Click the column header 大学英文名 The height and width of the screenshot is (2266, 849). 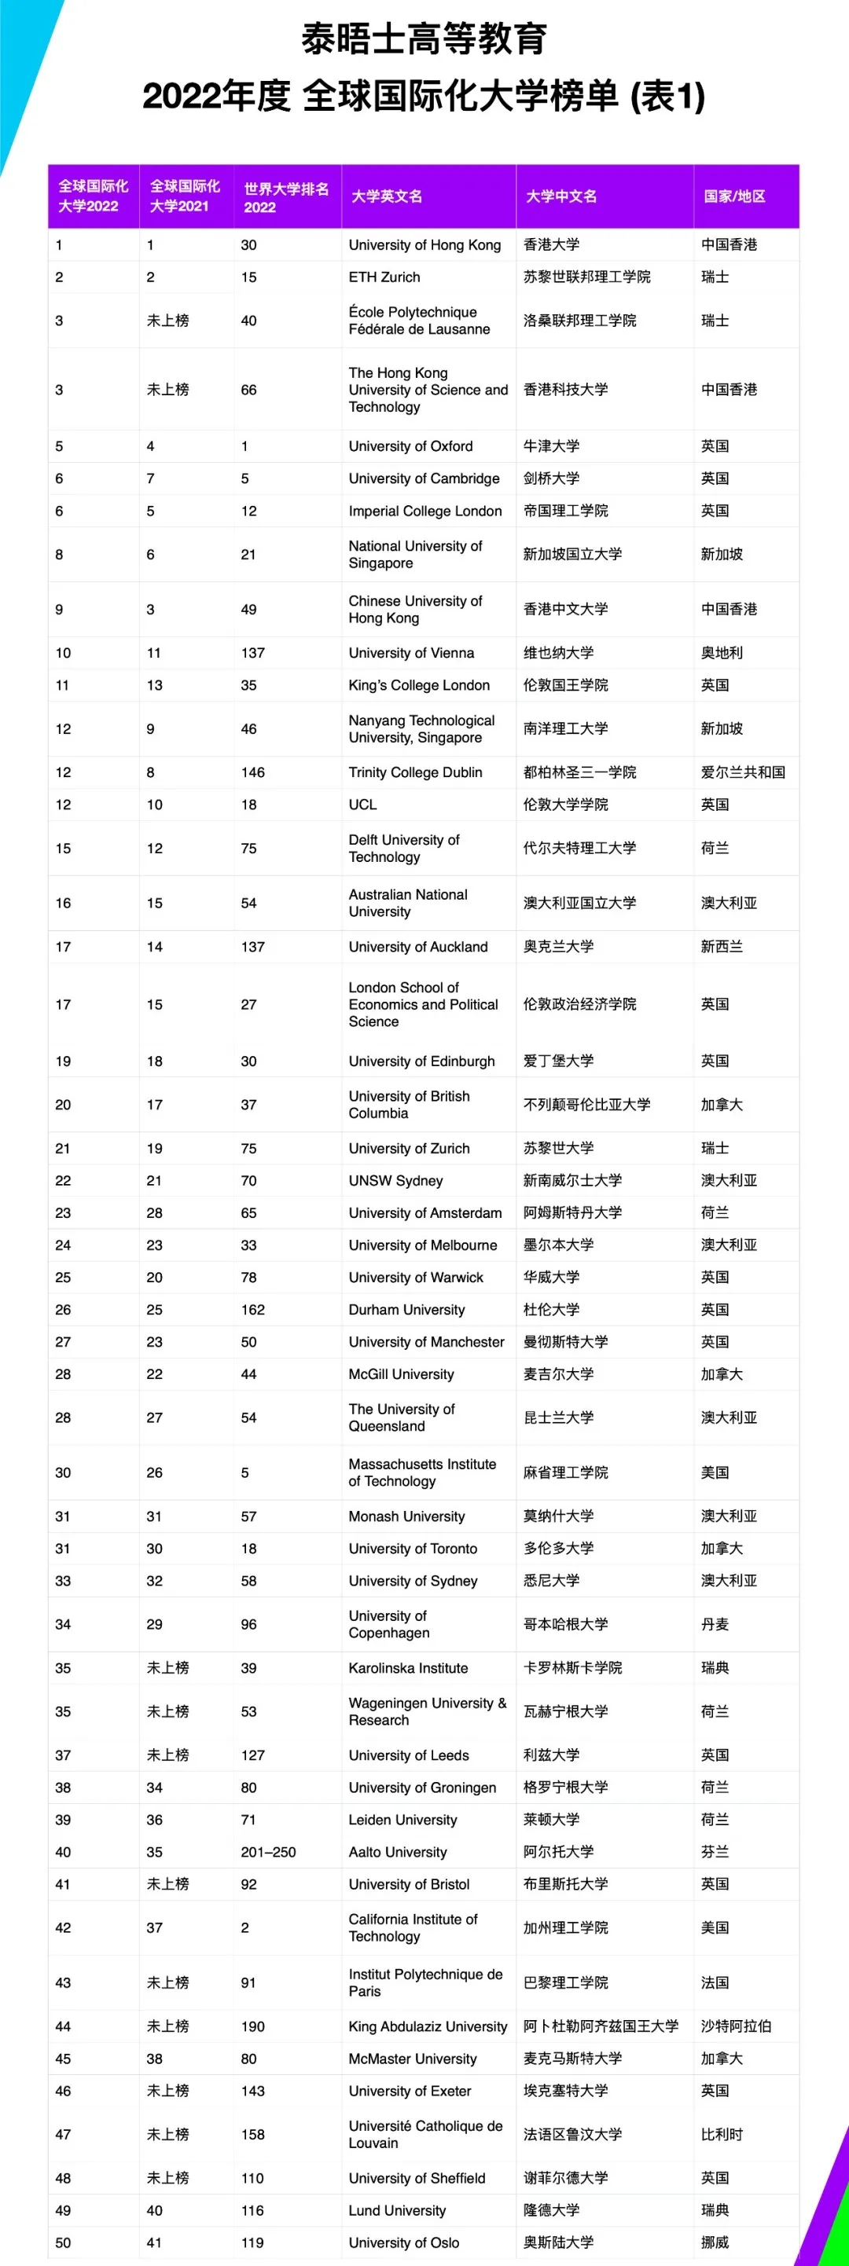[x=387, y=196]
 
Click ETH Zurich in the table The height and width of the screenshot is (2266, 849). [x=384, y=277]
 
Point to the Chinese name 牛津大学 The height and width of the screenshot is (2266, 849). [x=552, y=446]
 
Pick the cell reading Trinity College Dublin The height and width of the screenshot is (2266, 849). [x=415, y=772]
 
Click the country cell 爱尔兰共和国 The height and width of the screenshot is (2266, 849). [x=743, y=772]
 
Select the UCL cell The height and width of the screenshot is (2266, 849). [x=362, y=805]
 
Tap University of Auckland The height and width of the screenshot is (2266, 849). [x=418, y=947]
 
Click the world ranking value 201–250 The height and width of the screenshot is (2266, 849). [x=268, y=1852]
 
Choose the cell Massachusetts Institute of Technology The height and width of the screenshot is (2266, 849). [x=422, y=1472]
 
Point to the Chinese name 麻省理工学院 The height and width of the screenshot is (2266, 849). [x=566, y=1472]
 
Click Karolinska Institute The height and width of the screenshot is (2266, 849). [x=408, y=1668]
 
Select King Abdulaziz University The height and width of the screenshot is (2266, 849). [x=428, y=2026]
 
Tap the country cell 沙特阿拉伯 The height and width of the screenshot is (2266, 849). [x=736, y=2026]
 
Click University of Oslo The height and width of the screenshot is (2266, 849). [x=404, y=2243]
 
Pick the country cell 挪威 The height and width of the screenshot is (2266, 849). [x=715, y=2243]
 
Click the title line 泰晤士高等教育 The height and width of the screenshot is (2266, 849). [x=424, y=39]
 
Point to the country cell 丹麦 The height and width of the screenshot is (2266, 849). [x=715, y=1625]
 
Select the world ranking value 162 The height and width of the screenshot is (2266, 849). [x=252, y=1310]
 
